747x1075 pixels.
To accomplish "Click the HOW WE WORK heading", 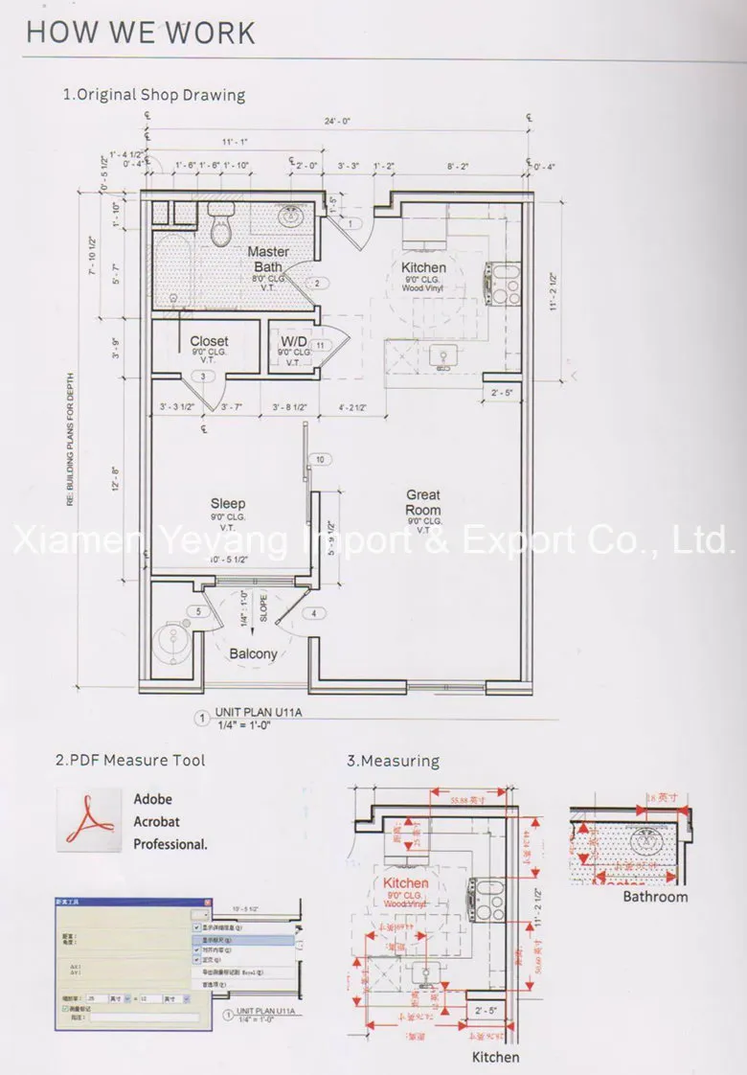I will point(141,32).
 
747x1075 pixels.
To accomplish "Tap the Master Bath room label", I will point(268,259).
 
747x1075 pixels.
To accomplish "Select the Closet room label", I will point(209,341).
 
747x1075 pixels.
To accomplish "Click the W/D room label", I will point(292,341).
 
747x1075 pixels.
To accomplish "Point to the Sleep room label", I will point(228,504).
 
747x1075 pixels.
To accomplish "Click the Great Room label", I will point(422,503).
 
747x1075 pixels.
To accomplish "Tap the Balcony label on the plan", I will point(254,654).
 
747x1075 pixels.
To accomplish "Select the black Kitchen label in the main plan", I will point(423,267).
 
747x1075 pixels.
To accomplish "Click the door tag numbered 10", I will point(320,461).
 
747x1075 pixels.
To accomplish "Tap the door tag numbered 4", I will point(311,613).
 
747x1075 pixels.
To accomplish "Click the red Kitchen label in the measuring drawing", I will point(406,881).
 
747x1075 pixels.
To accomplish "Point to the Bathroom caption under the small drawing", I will point(655,897).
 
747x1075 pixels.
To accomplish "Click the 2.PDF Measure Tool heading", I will point(129,761).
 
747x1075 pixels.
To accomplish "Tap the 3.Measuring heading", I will point(393,761).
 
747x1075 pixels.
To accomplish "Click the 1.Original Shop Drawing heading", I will point(153,95).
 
